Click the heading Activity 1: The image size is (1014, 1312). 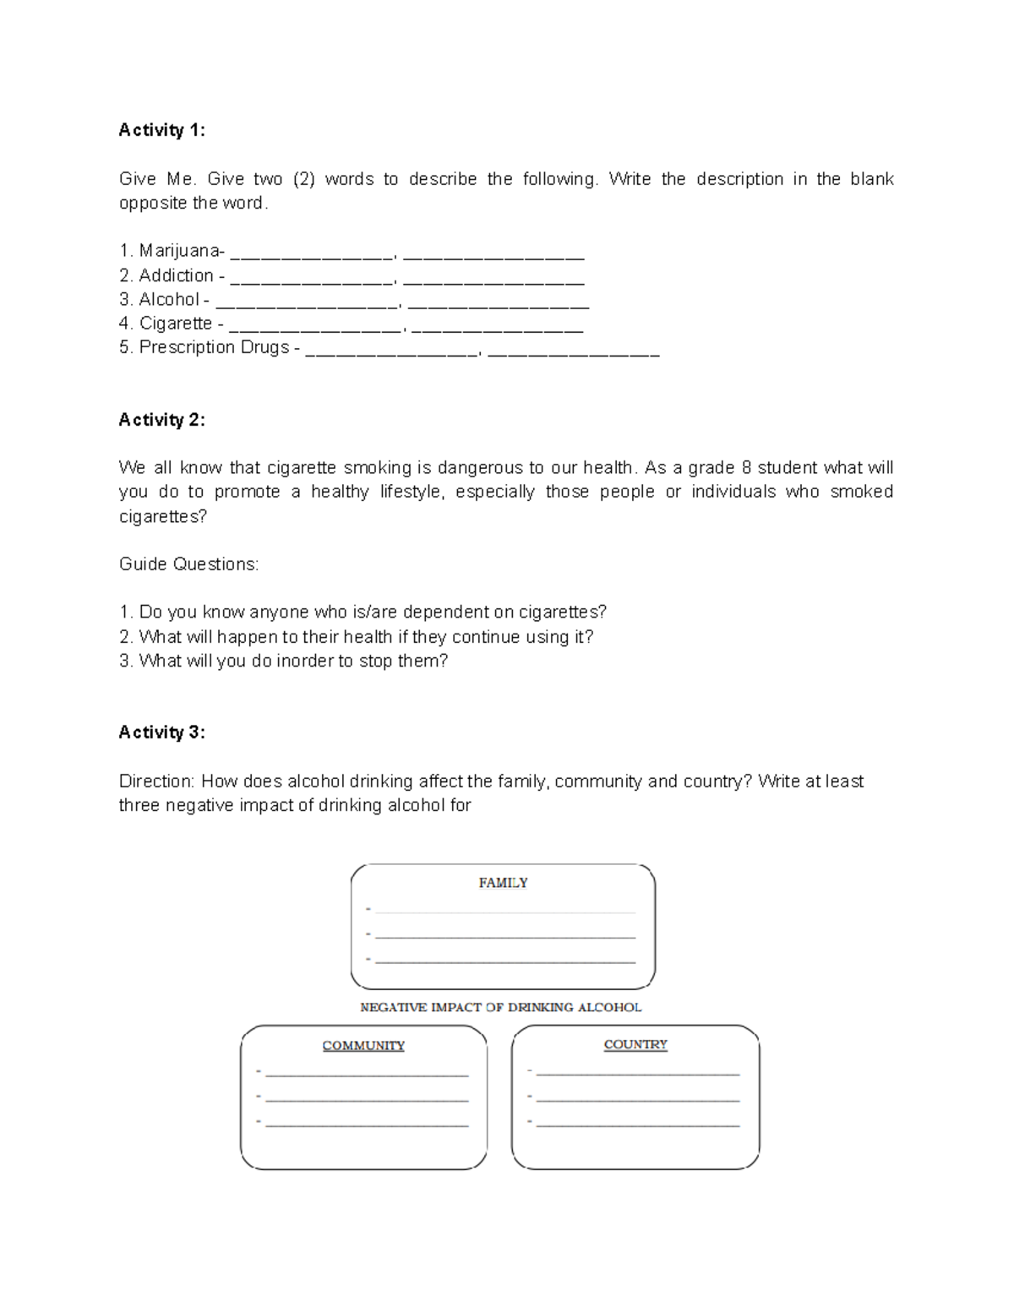tap(161, 130)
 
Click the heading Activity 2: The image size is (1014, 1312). tap(161, 420)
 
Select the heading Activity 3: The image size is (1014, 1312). tap(161, 732)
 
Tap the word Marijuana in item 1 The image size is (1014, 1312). tap(180, 251)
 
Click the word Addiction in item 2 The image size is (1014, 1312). tap(176, 275)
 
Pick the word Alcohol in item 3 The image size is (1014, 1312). tap(169, 300)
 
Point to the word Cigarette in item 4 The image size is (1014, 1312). tap(176, 324)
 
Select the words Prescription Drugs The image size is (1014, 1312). tap(215, 347)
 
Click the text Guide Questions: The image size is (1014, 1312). tap(188, 564)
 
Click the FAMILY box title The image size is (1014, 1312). tap(503, 883)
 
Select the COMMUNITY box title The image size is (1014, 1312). tap(363, 1046)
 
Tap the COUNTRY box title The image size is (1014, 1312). tap(635, 1045)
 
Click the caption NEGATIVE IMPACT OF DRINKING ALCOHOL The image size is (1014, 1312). tap(501, 1007)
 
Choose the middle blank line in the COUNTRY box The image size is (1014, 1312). tap(637, 1101)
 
